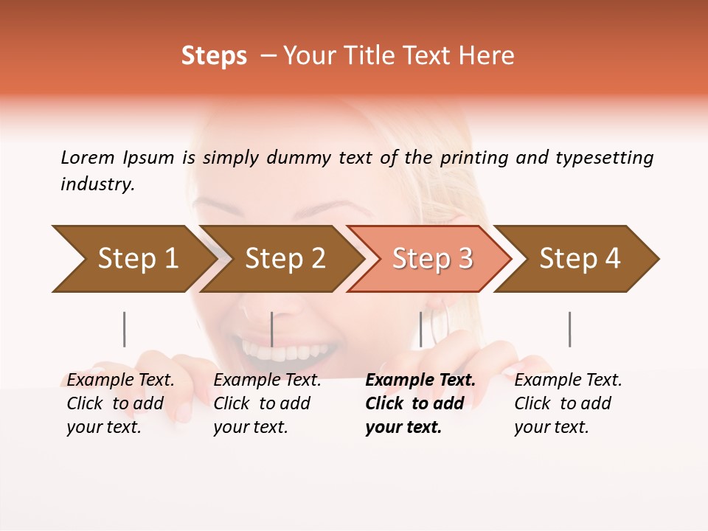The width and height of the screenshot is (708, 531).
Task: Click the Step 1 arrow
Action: pyautogui.click(x=133, y=259)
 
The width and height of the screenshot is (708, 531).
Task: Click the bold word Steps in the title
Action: pyautogui.click(x=214, y=56)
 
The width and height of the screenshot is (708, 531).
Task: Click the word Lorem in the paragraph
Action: pyautogui.click(x=87, y=158)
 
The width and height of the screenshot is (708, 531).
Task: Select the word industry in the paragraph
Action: pyautogui.click(x=96, y=184)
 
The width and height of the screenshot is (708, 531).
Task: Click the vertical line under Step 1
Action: pyautogui.click(x=124, y=329)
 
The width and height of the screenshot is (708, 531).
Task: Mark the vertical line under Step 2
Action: pyautogui.click(x=272, y=329)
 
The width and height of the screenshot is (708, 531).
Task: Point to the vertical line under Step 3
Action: pyautogui.click(x=420, y=329)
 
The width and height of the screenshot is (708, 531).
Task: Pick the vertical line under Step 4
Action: pyautogui.click(x=569, y=329)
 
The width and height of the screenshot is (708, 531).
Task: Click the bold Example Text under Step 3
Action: pyautogui.click(x=420, y=381)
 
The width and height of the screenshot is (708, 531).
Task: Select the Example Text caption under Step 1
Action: pyautogui.click(x=120, y=381)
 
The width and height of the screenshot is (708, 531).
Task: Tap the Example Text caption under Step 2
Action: pyautogui.click(x=267, y=381)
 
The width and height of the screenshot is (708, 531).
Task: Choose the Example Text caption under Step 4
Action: pyautogui.click(x=568, y=381)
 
